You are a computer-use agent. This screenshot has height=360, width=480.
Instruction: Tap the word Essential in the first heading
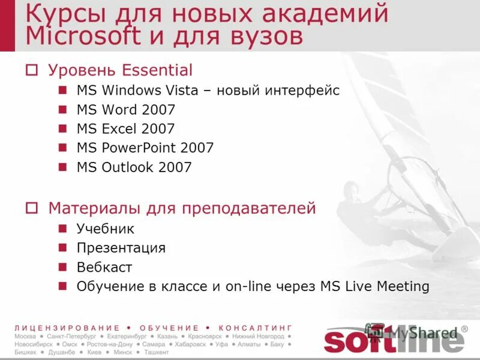point(157,70)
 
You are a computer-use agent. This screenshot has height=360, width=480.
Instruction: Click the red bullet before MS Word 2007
point(62,109)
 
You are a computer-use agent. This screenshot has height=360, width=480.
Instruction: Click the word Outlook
point(127,167)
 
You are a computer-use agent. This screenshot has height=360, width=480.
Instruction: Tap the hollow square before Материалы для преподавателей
point(32,209)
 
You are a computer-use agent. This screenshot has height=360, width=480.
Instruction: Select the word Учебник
point(106,229)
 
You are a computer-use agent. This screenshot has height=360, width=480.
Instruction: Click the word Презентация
point(121,248)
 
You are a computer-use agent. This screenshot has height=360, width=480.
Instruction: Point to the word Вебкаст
point(104,267)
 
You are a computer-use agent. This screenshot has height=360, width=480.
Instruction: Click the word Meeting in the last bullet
point(403,286)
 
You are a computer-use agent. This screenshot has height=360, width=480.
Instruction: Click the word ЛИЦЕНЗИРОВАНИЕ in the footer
point(67,328)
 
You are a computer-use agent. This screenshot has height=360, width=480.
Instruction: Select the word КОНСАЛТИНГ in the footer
point(256,328)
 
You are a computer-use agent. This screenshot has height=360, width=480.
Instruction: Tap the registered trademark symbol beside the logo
point(464,330)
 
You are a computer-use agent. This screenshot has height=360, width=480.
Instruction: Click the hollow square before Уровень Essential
point(32,71)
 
